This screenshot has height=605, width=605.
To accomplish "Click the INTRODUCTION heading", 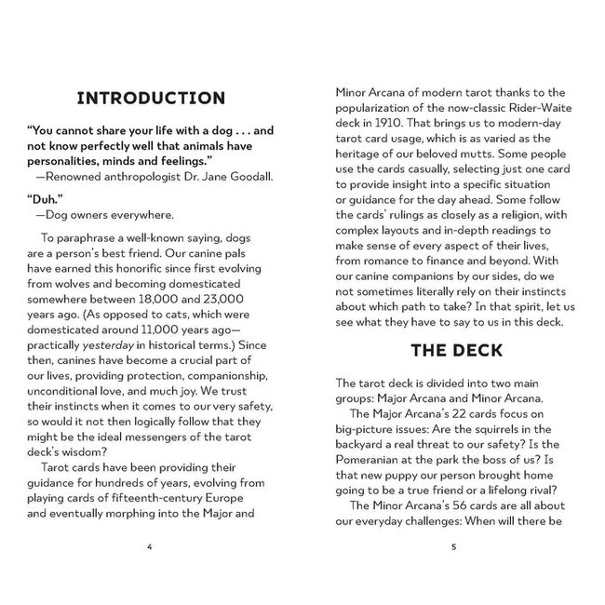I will pyautogui.click(x=150, y=98).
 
